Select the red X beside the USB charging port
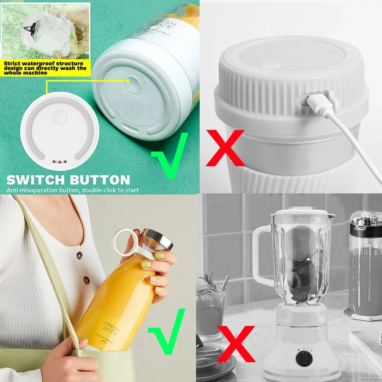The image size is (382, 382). pos(225,148)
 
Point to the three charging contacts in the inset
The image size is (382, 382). pos(59,161)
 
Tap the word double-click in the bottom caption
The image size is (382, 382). pos(97,190)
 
